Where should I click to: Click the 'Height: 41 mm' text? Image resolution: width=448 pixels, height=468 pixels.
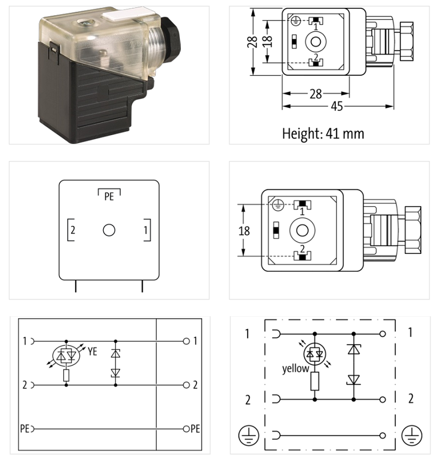click(323, 133)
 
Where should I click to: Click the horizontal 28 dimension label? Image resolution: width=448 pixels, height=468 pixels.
click(316, 94)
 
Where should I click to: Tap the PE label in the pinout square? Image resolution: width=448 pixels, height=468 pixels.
click(109, 197)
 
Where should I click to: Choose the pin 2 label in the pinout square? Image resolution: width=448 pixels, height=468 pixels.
click(73, 230)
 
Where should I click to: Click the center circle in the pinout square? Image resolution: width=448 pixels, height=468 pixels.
click(109, 230)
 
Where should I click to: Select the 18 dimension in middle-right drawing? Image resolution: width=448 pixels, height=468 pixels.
click(244, 230)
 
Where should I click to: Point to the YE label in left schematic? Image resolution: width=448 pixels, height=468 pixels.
click(93, 352)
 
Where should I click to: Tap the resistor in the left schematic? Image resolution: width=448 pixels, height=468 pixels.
click(67, 375)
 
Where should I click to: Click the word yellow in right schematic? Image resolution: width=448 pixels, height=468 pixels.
click(295, 369)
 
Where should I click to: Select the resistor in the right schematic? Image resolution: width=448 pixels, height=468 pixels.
click(315, 382)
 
